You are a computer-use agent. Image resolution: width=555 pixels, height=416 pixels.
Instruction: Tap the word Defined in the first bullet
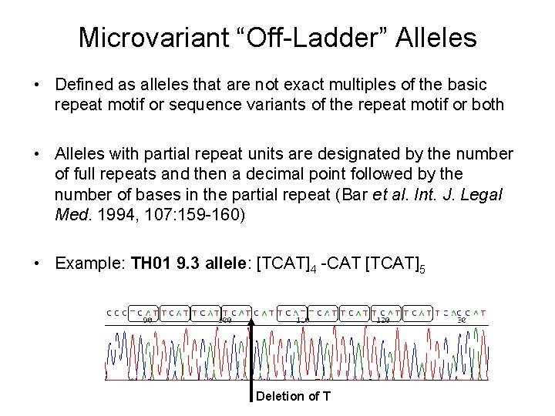tap(82, 82)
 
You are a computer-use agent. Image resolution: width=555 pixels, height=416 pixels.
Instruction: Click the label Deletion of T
tap(293, 397)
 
